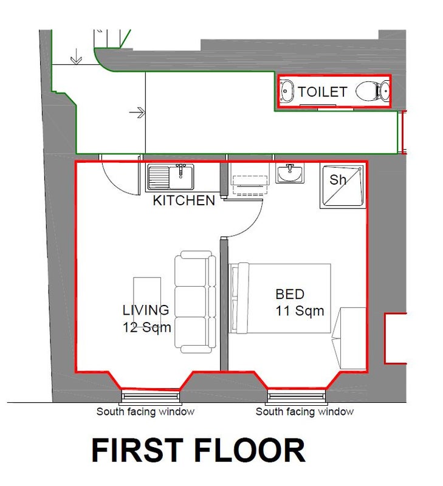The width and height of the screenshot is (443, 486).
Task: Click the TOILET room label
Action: pos(322,92)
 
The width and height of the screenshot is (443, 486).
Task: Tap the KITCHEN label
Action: pos(184,200)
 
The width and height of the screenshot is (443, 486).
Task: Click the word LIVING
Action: pos(146,310)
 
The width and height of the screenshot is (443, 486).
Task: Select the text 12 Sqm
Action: pos(147,327)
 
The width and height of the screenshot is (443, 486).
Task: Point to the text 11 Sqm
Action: pos(300,311)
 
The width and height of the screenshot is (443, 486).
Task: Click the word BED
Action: pos(290,294)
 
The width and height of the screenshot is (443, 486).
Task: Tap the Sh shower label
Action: pos(338,180)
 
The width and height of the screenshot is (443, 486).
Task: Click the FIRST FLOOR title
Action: pos(198,450)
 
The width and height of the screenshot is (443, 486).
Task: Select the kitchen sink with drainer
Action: pos(171,177)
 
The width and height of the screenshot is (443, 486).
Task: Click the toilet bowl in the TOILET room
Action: pos(368,91)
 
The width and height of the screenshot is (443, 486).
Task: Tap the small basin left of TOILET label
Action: pos(287,91)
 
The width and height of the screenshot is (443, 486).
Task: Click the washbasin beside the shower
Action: pos(290,173)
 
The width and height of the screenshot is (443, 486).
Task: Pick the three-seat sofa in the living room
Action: pos(195,302)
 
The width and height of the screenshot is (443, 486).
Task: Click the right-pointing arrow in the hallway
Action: pos(137,112)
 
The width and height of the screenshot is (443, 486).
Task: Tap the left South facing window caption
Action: pos(145,412)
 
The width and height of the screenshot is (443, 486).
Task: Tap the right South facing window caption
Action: pos(304,412)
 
